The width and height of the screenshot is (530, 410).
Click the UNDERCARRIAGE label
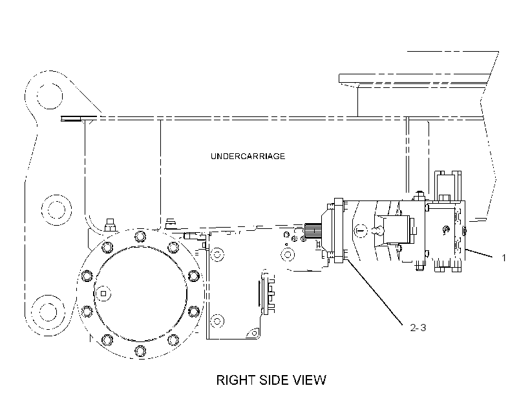coord(248,156)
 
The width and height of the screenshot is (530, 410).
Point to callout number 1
coord(504,258)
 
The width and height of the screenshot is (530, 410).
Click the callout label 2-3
coord(418,327)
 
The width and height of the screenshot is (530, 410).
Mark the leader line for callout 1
coord(479,254)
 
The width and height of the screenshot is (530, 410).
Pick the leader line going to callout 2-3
coord(375,293)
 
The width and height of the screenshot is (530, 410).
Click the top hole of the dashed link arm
coord(50,96)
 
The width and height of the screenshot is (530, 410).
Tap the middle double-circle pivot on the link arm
coord(56,210)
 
